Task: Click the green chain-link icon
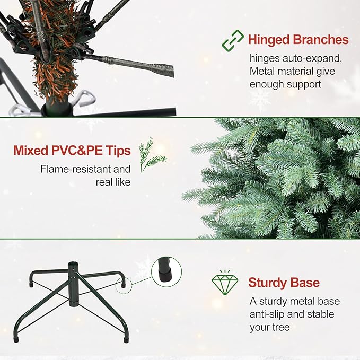click(232, 40)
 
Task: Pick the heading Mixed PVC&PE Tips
click(72, 151)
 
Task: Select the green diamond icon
click(225, 283)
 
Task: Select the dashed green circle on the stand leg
click(124, 286)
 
